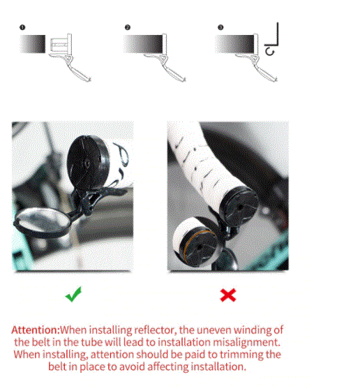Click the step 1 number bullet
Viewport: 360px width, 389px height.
point(22,27)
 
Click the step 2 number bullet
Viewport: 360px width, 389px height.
point(128,27)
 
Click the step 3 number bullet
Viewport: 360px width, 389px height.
point(220,27)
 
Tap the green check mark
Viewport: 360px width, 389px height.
point(73,294)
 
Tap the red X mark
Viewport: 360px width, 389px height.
point(228,295)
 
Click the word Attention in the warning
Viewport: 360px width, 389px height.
point(35,330)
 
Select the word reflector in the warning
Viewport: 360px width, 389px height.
point(155,330)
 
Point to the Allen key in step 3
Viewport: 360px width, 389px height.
point(274,37)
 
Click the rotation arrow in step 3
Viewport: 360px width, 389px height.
point(270,52)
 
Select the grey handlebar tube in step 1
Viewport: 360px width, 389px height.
point(33,44)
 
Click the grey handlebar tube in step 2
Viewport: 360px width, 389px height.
point(143,44)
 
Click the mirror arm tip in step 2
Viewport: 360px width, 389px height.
point(184,80)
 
